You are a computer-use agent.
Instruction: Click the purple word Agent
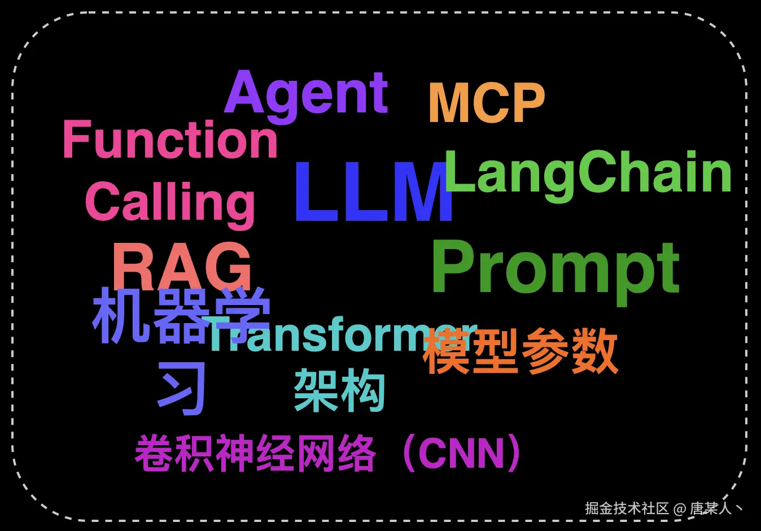(x=306, y=96)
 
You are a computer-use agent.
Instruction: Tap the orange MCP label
(x=487, y=103)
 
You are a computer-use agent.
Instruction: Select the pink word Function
(x=170, y=139)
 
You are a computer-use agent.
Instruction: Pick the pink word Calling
(x=170, y=204)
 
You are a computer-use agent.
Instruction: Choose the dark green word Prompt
(x=556, y=272)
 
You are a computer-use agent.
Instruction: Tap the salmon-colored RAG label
(x=182, y=266)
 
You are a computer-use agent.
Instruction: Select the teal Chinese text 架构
(x=339, y=390)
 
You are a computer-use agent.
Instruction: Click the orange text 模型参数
(x=520, y=351)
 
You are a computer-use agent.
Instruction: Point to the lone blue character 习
(x=181, y=388)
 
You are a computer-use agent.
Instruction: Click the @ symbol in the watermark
(x=680, y=509)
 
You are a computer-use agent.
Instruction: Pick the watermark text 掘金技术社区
(x=627, y=508)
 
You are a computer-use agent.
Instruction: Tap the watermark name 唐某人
(x=711, y=508)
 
